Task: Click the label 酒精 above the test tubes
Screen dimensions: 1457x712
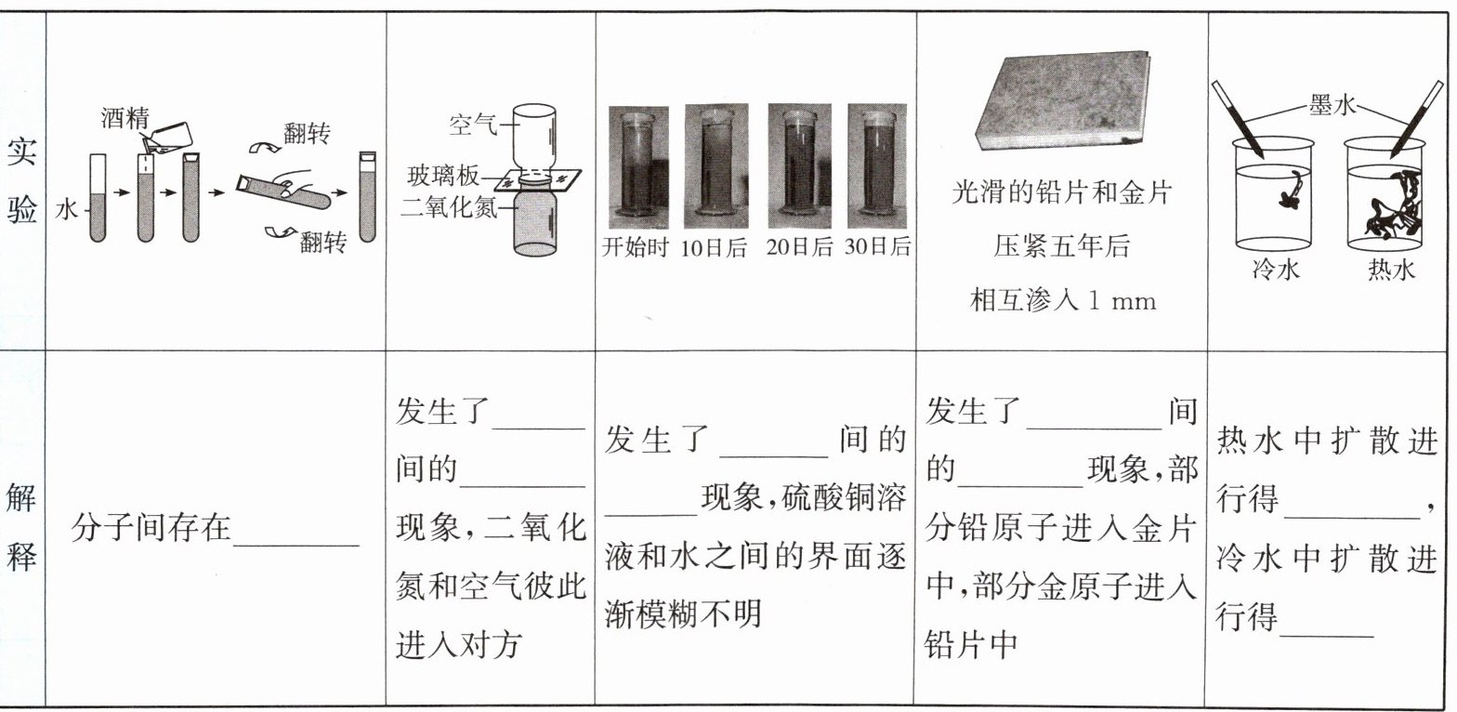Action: (125, 118)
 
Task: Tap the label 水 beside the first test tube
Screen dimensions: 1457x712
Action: (66, 209)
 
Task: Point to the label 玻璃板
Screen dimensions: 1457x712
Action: (443, 175)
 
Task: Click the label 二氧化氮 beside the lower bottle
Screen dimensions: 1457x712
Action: (449, 207)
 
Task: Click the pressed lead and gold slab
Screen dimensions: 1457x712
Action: (1063, 102)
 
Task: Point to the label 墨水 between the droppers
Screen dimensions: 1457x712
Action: (1332, 105)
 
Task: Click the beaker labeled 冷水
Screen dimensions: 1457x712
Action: (1274, 194)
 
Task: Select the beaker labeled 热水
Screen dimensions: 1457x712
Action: (1385, 194)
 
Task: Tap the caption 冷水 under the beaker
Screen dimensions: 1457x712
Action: (1276, 268)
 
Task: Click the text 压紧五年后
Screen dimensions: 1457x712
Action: (1061, 246)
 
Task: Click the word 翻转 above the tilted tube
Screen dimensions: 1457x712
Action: (307, 134)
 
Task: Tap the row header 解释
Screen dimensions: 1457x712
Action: (21, 528)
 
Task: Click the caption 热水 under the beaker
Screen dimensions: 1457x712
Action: (1391, 268)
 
